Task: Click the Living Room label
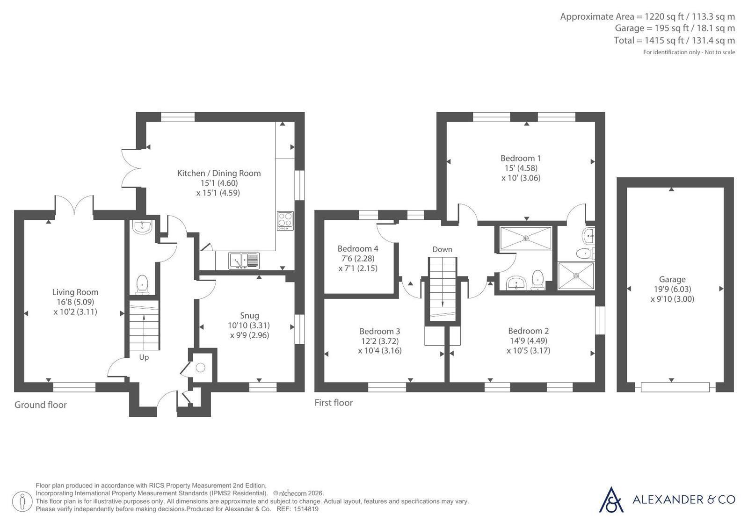(75, 292)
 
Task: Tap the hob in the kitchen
(285, 221)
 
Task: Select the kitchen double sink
(244, 261)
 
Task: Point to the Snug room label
(249, 316)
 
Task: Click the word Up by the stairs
(144, 357)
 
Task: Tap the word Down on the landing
(442, 249)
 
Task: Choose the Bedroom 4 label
(358, 249)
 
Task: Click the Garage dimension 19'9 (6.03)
(672, 289)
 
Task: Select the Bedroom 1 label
(521, 158)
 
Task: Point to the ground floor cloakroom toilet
(142, 285)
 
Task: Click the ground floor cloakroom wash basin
(142, 226)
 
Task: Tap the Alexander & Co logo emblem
(611, 500)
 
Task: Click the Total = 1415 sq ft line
(674, 40)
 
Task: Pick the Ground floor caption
(40, 405)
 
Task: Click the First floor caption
(334, 403)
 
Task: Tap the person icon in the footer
(22, 501)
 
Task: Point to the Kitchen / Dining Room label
(219, 174)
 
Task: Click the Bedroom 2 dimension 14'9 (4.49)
(528, 341)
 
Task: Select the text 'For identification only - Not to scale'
(689, 52)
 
